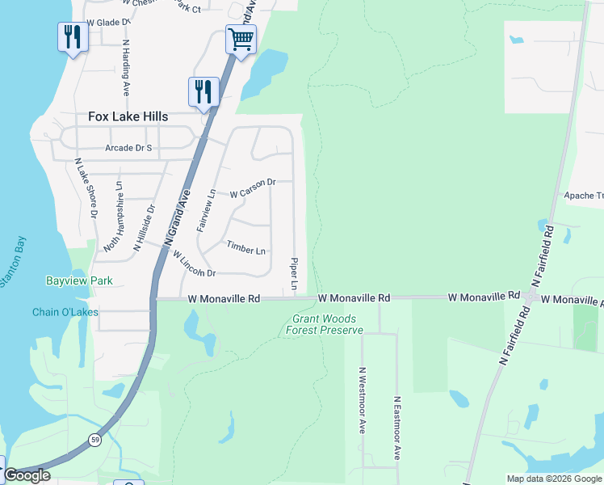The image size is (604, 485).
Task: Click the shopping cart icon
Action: (x=241, y=38)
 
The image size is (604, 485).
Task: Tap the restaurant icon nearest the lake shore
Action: (x=73, y=36)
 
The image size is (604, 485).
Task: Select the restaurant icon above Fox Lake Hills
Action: (x=203, y=91)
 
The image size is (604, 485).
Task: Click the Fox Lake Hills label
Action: (x=128, y=116)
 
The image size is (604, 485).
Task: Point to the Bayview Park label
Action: (x=79, y=280)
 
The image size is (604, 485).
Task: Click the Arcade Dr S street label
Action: (x=128, y=148)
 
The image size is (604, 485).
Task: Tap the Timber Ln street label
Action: (x=246, y=247)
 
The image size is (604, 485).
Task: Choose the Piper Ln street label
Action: (x=294, y=275)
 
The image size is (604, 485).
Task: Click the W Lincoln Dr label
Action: (x=194, y=263)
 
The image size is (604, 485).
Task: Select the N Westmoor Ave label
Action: (x=363, y=399)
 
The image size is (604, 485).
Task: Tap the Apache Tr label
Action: (x=583, y=196)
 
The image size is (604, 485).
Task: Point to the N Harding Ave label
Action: (x=127, y=67)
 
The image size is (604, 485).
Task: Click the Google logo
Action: (x=27, y=475)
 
